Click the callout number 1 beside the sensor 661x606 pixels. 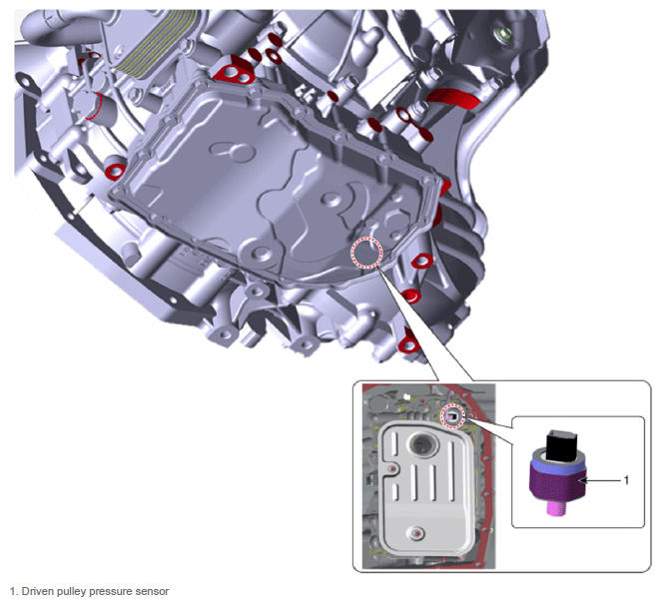(x=626, y=480)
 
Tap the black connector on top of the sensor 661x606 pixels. (x=559, y=445)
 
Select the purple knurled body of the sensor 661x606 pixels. (x=557, y=484)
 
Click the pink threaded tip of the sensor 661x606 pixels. (x=555, y=508)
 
